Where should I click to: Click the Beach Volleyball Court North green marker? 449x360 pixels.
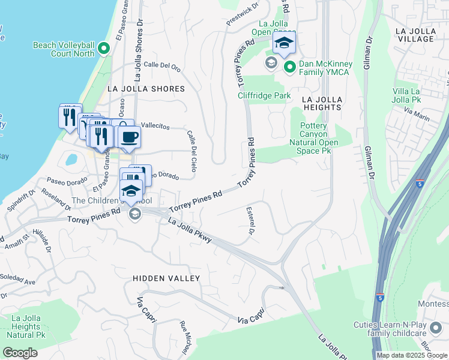(x=104, y=48)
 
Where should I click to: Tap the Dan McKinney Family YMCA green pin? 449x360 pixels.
(x=289, y=67)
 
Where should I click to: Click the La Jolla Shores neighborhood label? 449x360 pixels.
(x=146, y=89)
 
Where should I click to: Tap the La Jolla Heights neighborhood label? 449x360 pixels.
(x=321, y=103)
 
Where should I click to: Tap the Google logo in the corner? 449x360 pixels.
(x=20, y=353)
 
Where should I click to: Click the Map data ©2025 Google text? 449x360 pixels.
(x=412, y=355)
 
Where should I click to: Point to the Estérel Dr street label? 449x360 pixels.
(x=250, y=221)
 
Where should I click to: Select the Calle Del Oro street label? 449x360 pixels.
(x=162, y=67)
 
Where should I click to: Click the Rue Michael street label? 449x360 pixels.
(x=184, y=335)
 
